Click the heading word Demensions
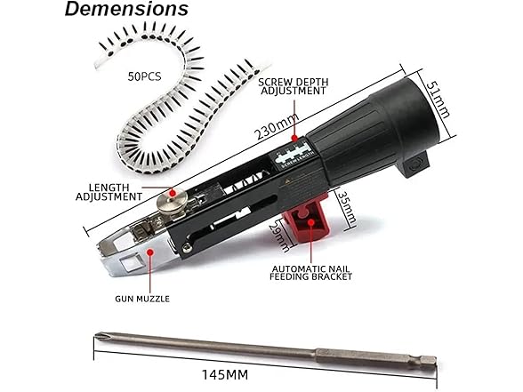click(126, 9)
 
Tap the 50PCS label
click(144, 76)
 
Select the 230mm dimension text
click(277, 126)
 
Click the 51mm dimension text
click(438, 100)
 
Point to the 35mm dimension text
click(346, 208)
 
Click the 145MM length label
click(225, 375)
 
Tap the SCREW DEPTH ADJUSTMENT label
click(294, 86)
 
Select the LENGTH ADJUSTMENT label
click(109, 192)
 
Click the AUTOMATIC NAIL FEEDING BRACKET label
click(311, 273)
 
